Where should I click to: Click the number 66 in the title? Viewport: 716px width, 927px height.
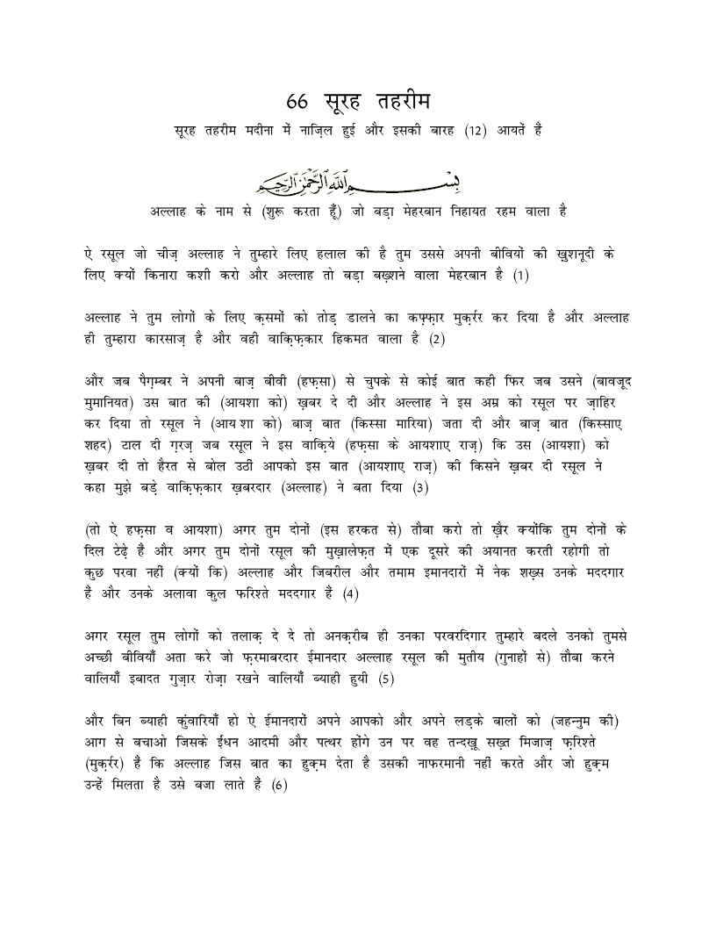tap(298, 97)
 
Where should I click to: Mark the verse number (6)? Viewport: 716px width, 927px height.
tap(279, 784)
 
